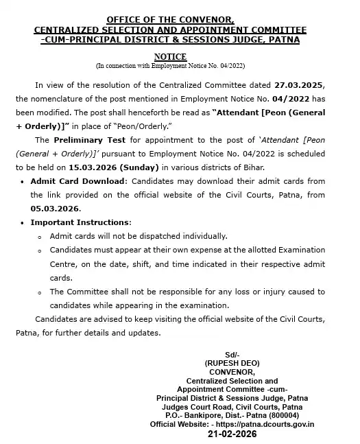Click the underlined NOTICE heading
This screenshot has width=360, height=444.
170,58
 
